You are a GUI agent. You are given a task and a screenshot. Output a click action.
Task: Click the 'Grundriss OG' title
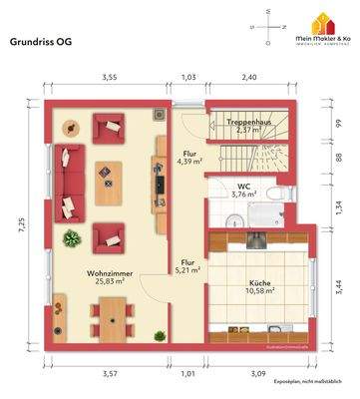click(41, 43)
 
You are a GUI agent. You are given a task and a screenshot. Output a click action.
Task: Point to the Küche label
click(259, 282)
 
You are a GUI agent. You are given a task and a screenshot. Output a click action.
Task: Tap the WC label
click(243, 186)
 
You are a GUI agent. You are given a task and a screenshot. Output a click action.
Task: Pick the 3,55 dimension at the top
click(108, 77)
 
